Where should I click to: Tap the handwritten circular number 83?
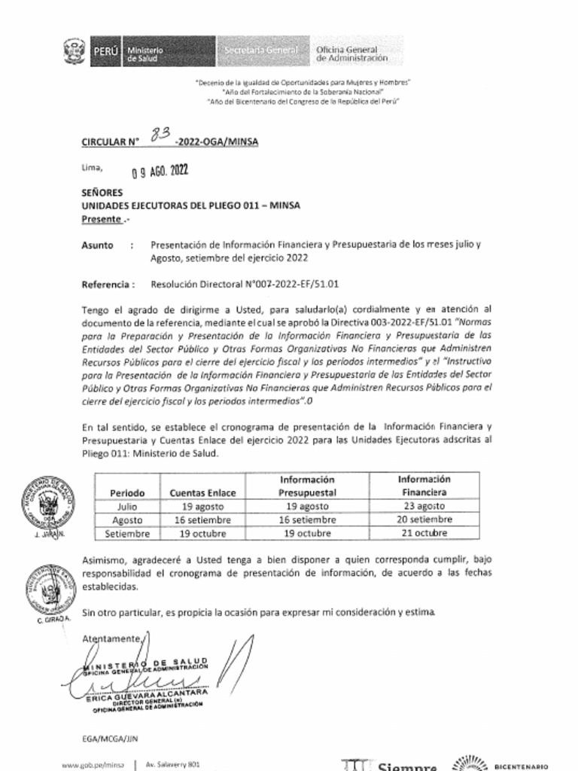(x=160, y=134)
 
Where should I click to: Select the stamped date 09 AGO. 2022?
(x=160, y=171)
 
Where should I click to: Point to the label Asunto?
(x=97, y=245)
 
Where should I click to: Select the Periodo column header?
(x=127, y=492)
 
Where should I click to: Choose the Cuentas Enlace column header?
(x=202, y=492)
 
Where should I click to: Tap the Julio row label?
(x=127, y=506)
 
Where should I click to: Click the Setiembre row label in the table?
(x=127, y=533)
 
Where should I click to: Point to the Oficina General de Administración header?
(x=352, y=53)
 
